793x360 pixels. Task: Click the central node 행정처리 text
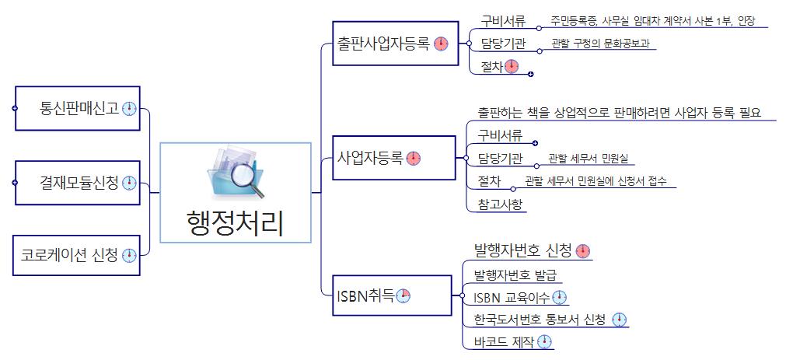[x=235, y=223]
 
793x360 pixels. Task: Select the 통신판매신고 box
[x=77, y=109]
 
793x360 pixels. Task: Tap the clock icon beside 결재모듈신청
[x=129, y=183]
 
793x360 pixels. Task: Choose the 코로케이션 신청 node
[x=77, y=255]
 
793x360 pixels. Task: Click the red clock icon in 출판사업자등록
[x=441, y=44]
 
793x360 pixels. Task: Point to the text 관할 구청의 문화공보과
[x=599, y=44]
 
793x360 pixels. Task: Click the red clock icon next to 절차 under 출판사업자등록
[x=511, y=67]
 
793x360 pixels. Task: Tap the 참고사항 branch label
[x=501, y=204]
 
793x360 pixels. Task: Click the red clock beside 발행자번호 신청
[x=583, y=251]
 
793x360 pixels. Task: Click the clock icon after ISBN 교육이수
[x=559, y=297]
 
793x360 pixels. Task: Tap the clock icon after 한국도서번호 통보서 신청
[x=619, y=320]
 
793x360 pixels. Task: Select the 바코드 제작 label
[x=505, y=342]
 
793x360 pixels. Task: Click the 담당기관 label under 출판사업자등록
[x=503, y=44]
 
